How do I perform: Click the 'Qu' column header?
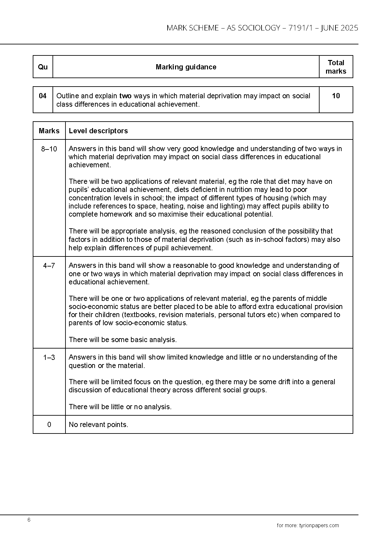43,67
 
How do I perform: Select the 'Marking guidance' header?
186,67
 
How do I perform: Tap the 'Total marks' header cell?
336,67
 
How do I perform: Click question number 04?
43,96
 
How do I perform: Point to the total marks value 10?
336,96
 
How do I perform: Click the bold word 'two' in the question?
125,96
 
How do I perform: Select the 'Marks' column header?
49,131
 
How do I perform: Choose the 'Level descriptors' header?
98,131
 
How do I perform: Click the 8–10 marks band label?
49,149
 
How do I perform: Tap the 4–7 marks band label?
49,266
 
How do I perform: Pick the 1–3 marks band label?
49,357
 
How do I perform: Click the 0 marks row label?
49,424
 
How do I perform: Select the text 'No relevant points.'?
99,424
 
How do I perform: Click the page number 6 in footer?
29,520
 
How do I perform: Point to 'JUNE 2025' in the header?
339,28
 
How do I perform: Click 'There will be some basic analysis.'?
123,340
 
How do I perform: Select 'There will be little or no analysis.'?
120,407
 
